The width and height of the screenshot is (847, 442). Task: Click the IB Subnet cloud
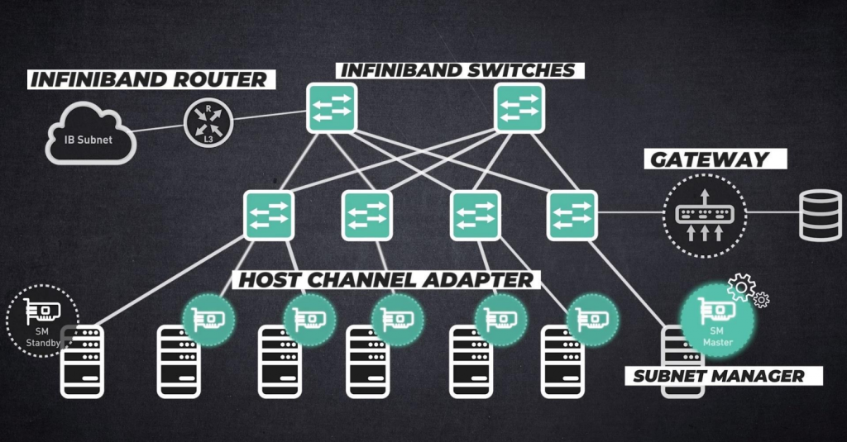click(x=89, y=134)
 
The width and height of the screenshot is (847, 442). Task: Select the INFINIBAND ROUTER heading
click(x=148, y=79)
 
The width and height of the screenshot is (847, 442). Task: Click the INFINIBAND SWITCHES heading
click(x=457, y=69)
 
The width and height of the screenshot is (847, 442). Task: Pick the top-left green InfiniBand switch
click(x=331, y=108)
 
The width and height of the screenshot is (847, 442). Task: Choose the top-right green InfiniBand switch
click(x=519, y=108)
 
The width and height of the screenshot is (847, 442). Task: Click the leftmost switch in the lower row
click(x=269, y=215)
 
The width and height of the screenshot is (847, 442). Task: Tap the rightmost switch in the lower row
click(x=572, y=215)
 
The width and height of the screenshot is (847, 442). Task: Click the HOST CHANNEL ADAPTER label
click(x=386, y=279)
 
